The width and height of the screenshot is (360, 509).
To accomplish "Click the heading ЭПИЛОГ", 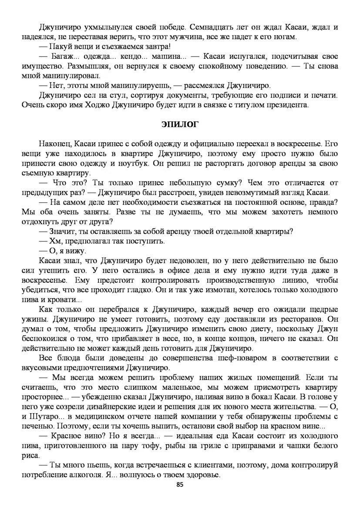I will click(x=180, y=124).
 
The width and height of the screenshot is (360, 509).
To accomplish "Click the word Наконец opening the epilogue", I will click(x=54, y=143).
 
